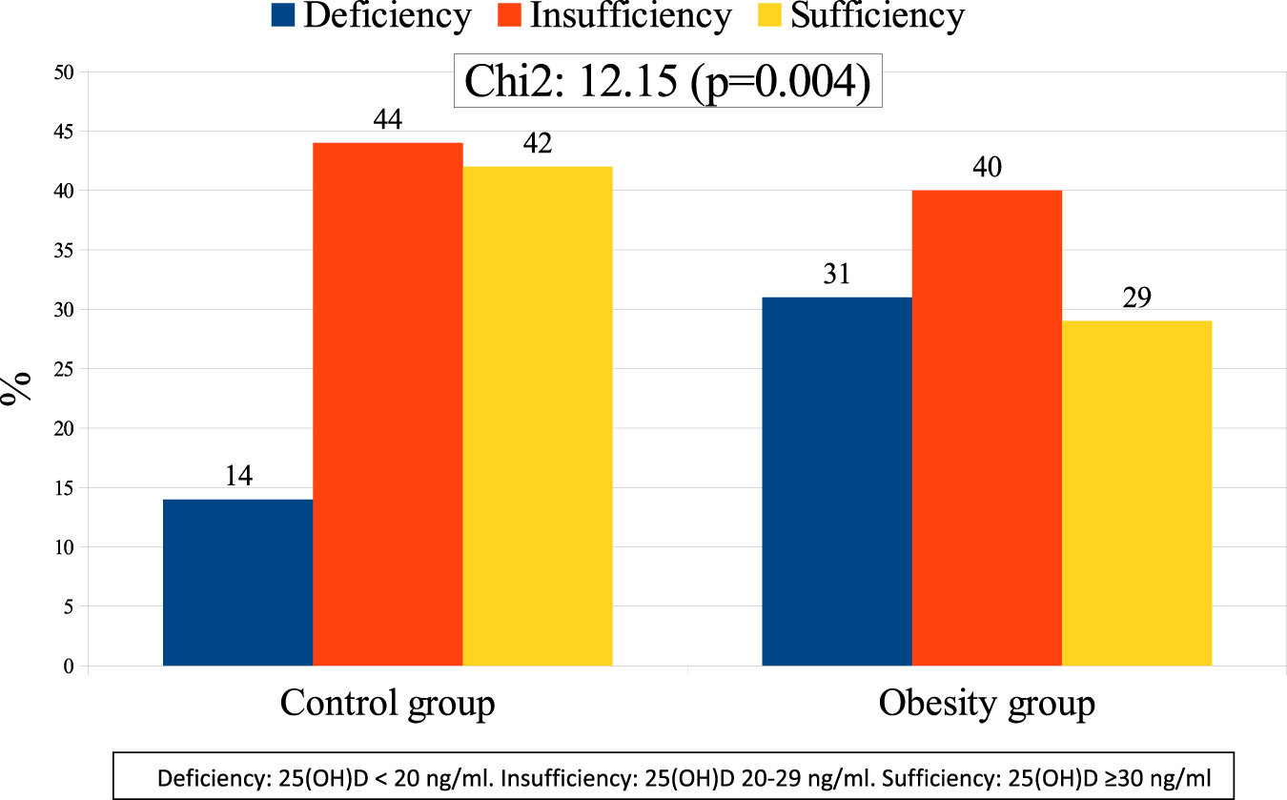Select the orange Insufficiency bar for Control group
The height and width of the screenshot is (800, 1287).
[x=387, y=404]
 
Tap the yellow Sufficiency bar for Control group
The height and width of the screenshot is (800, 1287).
[x=537, y=416]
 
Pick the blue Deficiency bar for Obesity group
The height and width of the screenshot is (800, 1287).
[x=836, y=482]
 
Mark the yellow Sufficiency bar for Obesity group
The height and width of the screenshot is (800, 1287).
[x=1136, y=493]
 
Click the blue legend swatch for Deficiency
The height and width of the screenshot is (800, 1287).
[x=283, y=16]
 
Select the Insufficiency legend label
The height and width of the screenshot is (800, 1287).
[x=630, y=16]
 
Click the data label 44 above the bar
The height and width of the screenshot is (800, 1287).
[x=387, y=120]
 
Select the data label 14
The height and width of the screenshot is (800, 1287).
[x=237, y=476]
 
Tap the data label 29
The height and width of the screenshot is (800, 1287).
[x=1136, y=297]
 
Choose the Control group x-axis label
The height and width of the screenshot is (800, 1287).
[x=387, y=704]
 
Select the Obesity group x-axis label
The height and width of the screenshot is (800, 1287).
[x=986, y=704]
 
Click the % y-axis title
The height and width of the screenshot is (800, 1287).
[x=17, y=388]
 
